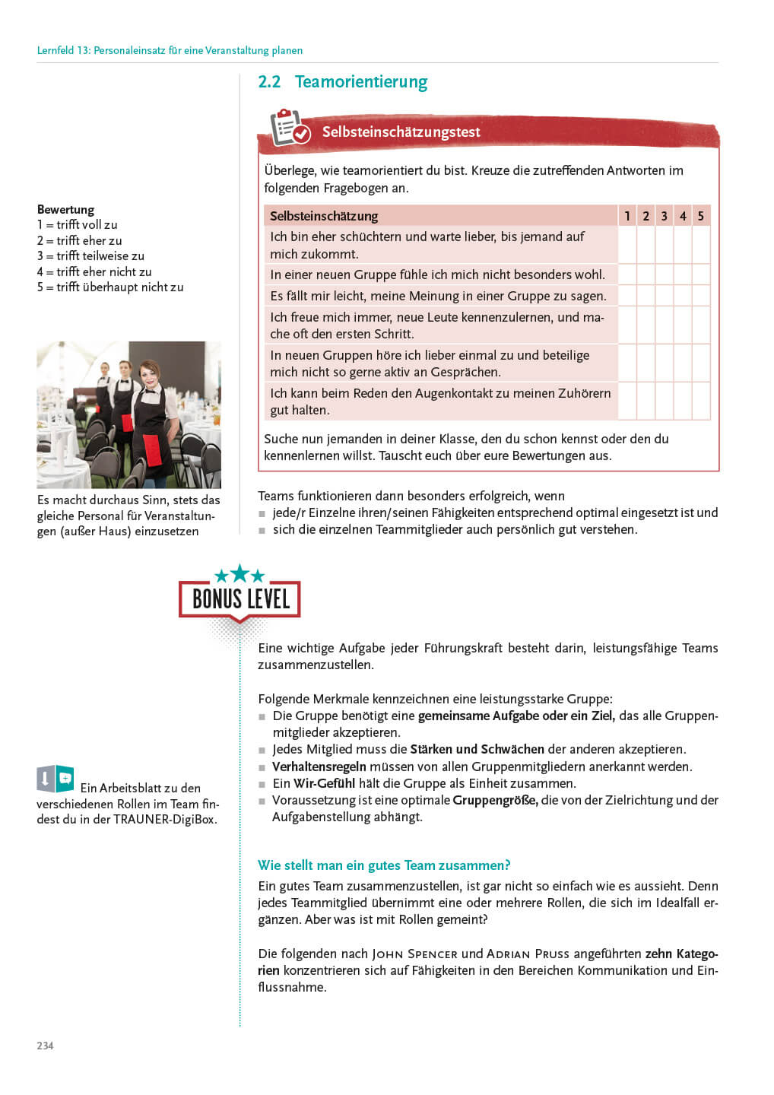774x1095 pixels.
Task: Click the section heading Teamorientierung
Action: click(x=360, y=82)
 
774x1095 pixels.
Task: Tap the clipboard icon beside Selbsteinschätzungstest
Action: click(x=289, y=128)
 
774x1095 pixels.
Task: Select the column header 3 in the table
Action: click(x=664, y=216)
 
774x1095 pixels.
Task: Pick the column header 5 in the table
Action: click(x=701, y=216)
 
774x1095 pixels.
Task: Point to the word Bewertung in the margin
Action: click(x=65, y=209)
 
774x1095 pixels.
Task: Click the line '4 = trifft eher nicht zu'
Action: click(x=94, y=271)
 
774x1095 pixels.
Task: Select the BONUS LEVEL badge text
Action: click(x=240, y=599)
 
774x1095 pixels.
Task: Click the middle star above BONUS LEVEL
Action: click(x=240, y=573)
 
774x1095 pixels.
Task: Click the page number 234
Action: click(x=45, y=1046)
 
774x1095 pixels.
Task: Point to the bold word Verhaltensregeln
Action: click(x=319, y=766)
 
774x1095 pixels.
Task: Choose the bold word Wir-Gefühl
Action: click(x=325, y=783)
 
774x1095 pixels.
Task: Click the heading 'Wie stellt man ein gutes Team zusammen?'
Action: click(x=384, y=865)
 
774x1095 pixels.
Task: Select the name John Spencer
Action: click(x=414, y=954)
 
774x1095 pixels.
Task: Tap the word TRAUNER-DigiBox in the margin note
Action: click(x=164, y=820)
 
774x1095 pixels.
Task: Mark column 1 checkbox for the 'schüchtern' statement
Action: click(x=627, y=245)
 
